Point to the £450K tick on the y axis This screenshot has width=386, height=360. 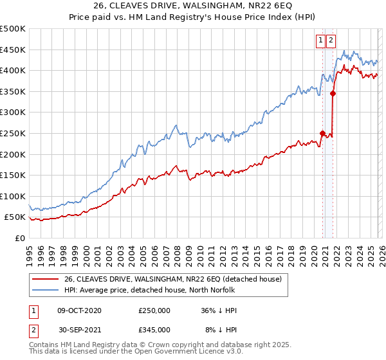(x=13, y=50)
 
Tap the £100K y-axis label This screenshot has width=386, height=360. (x=13, y=196)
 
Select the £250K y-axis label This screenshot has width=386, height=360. (x=13, y=133)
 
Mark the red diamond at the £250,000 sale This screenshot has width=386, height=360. (x=322, y=134)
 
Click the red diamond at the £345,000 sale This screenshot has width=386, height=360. (x=333, y=93)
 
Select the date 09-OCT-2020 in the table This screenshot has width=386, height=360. (x=79, y=310)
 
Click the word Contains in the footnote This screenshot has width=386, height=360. (x=44, y=345)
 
